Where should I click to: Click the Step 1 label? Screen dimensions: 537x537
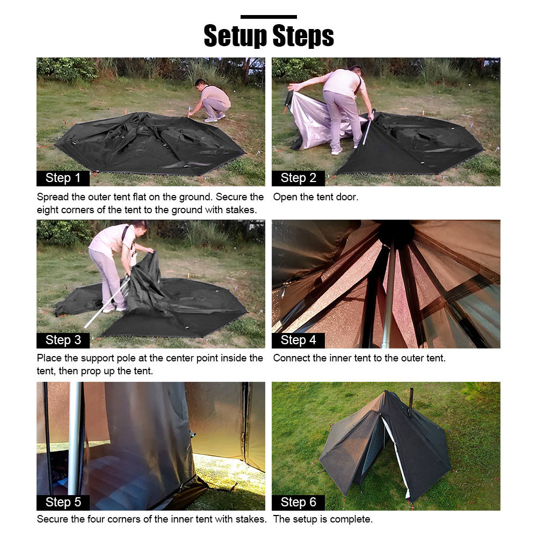click(63, 178)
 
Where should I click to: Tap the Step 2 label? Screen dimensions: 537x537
click(298, 178)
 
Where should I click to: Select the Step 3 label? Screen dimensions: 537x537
click(63, 340)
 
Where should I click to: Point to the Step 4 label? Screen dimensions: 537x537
click(298, 340)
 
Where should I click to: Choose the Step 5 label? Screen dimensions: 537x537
click(63, 503)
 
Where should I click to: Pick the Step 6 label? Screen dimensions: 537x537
click(298, 503)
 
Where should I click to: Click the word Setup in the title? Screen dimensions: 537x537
click(235, 35)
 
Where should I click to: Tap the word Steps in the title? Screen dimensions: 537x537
click(303, 35)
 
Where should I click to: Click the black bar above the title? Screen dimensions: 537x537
click(268, 17)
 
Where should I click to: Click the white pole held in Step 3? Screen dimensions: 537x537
click(107, 301)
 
